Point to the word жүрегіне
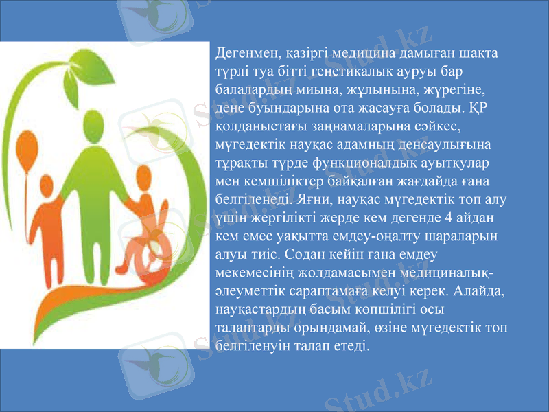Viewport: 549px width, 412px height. pos(455,89)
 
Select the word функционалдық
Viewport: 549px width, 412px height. pos(361,164)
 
